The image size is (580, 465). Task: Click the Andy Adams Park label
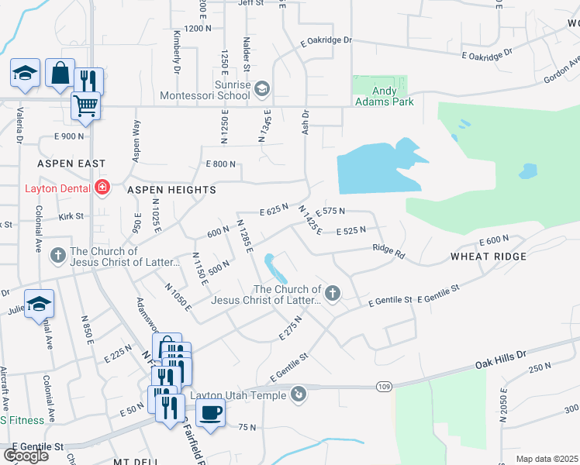(384, 95)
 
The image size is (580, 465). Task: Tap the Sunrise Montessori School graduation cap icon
(261, 89)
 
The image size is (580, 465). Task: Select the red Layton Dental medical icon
(102, 188)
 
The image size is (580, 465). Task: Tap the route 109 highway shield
(385, 387)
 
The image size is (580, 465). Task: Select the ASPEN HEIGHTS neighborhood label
(161, 189)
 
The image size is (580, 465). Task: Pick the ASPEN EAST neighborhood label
(71, 165)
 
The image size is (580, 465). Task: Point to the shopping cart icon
(85, 105)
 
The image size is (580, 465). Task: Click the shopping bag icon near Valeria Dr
(60, 73)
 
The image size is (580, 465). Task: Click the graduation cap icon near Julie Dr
(39, 305)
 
